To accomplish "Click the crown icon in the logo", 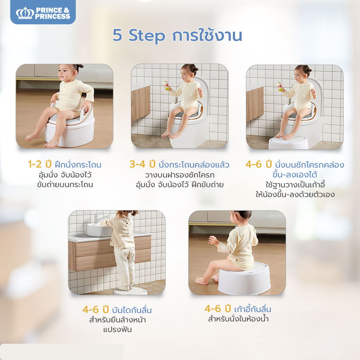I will click(25, 13).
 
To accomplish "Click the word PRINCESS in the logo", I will click(53, 16).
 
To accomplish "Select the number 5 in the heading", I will click(118, 36).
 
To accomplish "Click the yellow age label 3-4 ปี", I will click(142, 164).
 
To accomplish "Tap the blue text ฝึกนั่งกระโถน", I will click(78, 164).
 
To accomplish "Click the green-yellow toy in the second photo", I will click(166, 86).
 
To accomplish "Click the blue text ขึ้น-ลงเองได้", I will click(295, 174).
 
